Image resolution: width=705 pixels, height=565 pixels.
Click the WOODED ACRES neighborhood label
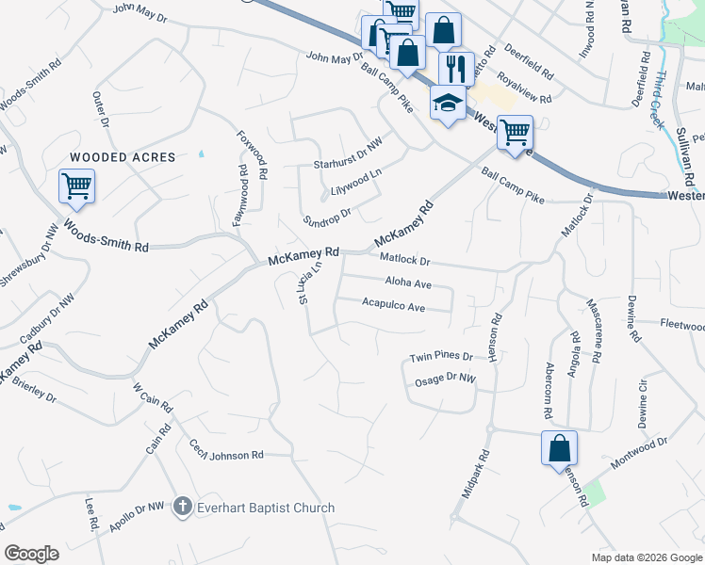(123, 157)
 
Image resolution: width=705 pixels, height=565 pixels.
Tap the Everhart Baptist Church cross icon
(184, 508)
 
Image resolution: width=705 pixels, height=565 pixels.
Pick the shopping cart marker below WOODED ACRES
(75, 186)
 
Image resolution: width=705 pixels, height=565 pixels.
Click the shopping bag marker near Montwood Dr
(559, 447)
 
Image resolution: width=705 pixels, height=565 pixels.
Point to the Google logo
(31, 554)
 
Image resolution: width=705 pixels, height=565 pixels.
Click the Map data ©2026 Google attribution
(647, 557)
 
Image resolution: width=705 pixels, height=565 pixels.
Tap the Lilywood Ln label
(356, 185)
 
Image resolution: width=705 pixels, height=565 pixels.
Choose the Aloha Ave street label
(408, 282)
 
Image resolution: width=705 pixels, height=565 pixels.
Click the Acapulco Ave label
(394, 305)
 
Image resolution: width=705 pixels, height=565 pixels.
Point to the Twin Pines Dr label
(439, 358)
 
